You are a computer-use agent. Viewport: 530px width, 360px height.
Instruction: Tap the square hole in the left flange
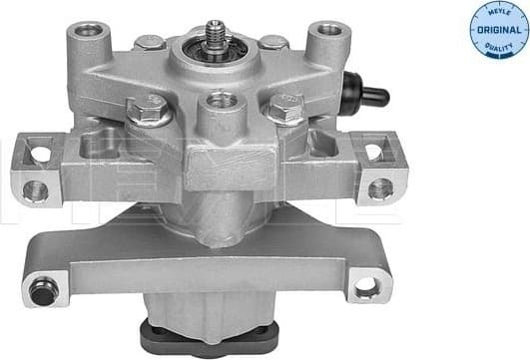[39, 154]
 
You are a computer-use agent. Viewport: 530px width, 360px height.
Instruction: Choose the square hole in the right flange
[373, 152]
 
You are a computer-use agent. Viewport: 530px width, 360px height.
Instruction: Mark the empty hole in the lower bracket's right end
[366, 287]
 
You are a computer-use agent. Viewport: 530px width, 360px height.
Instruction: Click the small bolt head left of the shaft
[149, 42]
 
